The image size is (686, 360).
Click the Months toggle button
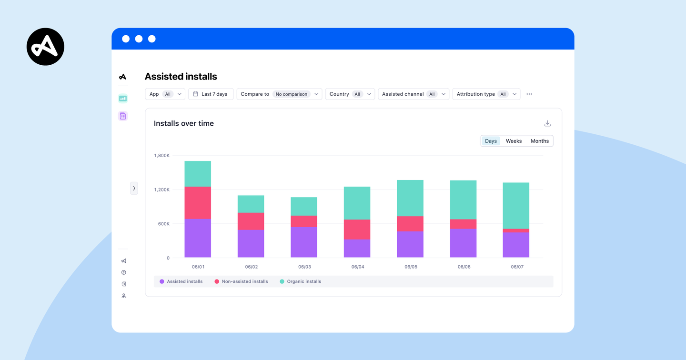(x=539, y=141)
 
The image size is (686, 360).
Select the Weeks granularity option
(x=514, y=141)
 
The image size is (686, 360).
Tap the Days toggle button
(x=491, y=141)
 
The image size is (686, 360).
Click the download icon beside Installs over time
(x=547, y=123)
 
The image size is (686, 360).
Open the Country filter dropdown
(x=350, y=94)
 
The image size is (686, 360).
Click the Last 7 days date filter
(x=211, y=94)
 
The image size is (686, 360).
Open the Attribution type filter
(x=486, y=94)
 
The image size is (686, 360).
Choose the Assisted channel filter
(x=413, y=94)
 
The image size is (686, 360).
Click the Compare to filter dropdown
(x=279, y=94)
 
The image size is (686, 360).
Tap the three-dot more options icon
(x=529, y=94)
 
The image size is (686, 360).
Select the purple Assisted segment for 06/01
(x=198, y=238)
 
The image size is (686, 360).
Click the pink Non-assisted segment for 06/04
(x=357, y=230)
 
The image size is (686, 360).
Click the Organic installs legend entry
(x=300, y=281)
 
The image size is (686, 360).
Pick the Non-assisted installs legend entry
(x=241, y=281)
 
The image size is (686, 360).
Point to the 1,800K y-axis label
(x=161, y=156)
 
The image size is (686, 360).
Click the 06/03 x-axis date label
(x=304, y=267)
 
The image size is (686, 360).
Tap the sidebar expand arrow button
(x=134, y=188)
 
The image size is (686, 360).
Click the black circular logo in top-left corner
(x=45, y=47)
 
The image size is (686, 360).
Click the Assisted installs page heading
(x=181, y=77)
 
